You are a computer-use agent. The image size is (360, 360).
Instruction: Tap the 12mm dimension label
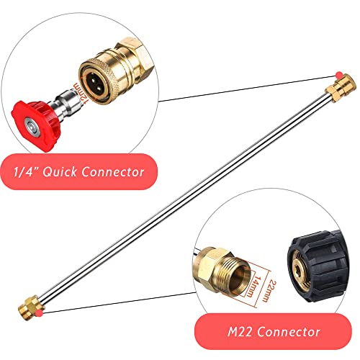point(81,92)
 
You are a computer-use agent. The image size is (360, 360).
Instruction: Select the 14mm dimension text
point(254,286)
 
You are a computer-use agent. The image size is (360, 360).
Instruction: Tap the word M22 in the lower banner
point(240,332)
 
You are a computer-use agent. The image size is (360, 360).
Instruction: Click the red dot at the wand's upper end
point(338,76)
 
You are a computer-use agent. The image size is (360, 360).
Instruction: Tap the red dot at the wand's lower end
point(39,312)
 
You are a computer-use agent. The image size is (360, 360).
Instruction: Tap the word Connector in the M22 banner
point(289,332)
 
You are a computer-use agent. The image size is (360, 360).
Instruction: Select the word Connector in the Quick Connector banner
point(113,171)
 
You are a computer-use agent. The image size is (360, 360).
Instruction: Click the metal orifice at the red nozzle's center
point(31,125)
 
